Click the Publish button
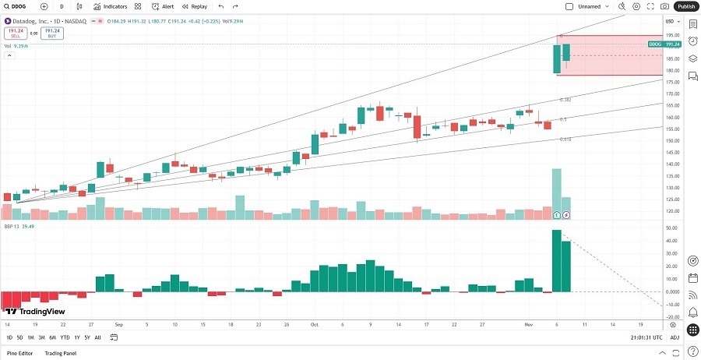coord(685,6)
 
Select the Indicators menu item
coord(110,6)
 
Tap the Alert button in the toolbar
coord(163,6)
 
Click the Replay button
coord(195,6)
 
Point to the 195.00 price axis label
coord(672,35)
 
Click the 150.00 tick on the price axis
coord(672,141)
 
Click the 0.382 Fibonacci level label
coord(566,100)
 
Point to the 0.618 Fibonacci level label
coord(566,139)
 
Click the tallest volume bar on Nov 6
coord(557,193)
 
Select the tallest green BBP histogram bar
coord(557,260)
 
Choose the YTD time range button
coord(65,337)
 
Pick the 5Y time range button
coord(87,337)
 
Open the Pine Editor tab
coord(21,354)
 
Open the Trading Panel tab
coord(72,354)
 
